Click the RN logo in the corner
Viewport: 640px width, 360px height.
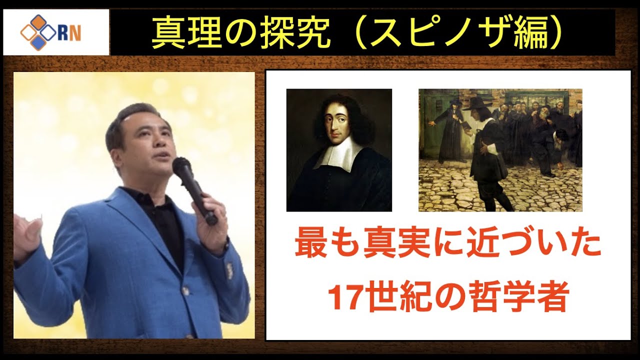pyautogui.click(x=56, y=32)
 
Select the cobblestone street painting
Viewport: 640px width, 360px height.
pyautogui.click(x=500, y=150)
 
